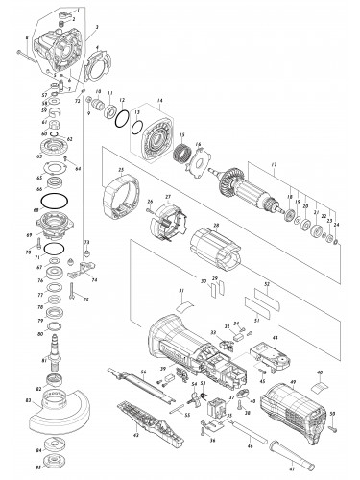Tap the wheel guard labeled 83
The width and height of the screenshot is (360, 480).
pos(56,418)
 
